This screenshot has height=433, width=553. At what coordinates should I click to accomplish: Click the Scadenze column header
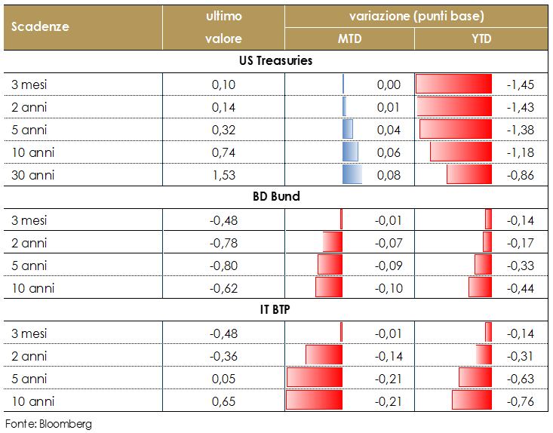(x=40, y=26)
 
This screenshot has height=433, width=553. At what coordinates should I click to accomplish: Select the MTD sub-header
(x=349, y=38)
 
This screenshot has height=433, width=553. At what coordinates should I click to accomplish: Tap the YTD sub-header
(x=481, y=38)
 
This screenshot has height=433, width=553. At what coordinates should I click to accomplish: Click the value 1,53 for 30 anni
(x=223, y=175)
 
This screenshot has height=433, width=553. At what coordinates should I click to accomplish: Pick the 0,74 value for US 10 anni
(x=223, y=152)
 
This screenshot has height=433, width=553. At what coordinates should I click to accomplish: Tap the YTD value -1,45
(x=520, y=84)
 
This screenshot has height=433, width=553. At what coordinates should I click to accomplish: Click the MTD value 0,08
(x=389, y=175)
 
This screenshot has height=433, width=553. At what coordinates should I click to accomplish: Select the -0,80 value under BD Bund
(x=223, y=265)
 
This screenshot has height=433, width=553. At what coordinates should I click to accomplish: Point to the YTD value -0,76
(x=520, y=401)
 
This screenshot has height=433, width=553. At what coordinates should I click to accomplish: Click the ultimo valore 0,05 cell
(x=223, y=378)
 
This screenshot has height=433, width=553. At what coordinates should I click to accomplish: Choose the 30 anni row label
(x=33, y=175)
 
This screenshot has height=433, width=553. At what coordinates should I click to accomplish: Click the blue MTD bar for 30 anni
(x=352, y=175)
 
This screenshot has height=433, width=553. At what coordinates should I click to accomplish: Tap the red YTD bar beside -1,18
(x=460, y=152)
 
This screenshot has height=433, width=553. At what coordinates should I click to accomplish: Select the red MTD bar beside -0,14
(x=324, y=355)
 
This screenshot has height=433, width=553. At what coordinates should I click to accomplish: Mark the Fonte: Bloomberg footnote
(x=48, y=424)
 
